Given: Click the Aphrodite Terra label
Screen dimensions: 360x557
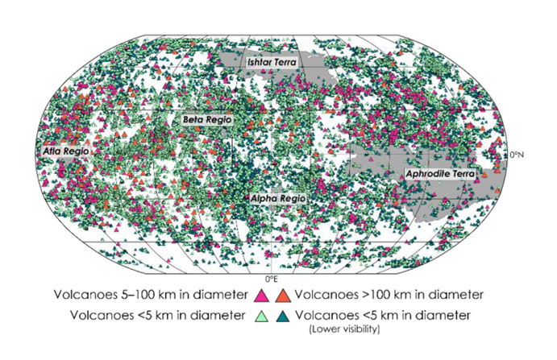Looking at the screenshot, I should [440, 173].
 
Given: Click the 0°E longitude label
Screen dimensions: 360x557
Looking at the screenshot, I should [274, 277].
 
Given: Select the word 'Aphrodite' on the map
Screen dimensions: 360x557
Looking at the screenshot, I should [427, 173].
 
